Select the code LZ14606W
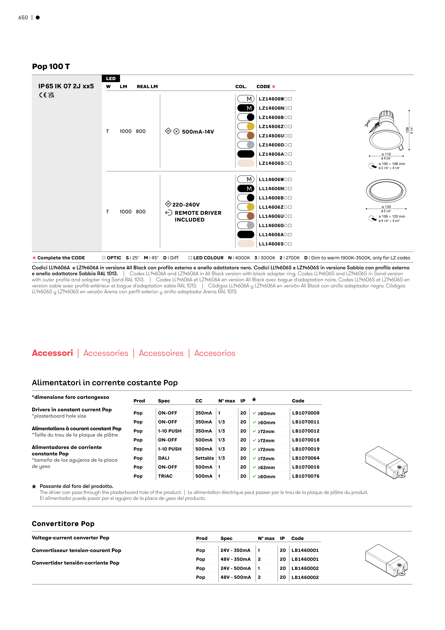click(271, 99)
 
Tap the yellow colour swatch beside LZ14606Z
click(250, 126)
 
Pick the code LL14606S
click(271, 244)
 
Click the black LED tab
click(111, 78)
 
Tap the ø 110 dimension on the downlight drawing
click(386, 154)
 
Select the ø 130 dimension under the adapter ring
click(386, 207)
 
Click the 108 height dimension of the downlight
click(407, 130)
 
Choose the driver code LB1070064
click(306, 458)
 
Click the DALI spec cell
click(164, 458)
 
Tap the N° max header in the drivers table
click(227, 401)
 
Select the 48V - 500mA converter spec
click(236, 577)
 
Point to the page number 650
click(23, 17)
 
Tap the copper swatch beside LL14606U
click(250, 216)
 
